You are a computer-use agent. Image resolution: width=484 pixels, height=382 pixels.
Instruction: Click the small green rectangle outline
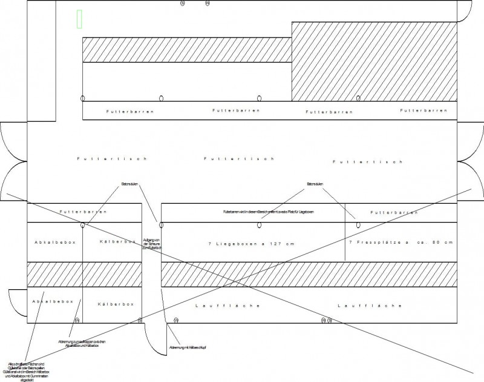tap(80, 19)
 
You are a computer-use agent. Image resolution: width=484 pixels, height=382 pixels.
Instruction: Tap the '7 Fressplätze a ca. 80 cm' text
tap(401, 243)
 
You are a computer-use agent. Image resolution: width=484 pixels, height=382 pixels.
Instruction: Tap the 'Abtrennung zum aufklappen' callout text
tap(82, 344)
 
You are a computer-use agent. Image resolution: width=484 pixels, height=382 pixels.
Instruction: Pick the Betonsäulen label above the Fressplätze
tap(315, 183)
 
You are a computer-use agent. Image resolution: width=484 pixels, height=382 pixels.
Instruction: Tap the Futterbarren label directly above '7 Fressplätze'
tap(394, 213)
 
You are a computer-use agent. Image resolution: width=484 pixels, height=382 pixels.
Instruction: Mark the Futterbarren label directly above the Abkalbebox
tap(83, 212)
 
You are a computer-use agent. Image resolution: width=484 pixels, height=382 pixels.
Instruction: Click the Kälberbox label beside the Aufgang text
tap(117, 242)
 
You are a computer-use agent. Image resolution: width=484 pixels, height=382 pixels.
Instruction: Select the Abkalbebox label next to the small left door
tap(54, 301)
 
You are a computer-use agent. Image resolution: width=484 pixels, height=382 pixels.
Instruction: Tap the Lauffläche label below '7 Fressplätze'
tap(370, 306)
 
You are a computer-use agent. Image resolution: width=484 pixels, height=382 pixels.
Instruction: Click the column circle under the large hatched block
tap(358, 98)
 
